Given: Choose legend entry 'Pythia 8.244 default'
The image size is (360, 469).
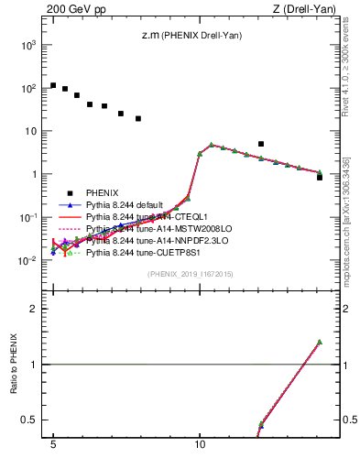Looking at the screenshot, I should (x=127, y=205).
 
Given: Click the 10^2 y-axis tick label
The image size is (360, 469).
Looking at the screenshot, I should (x=28, y=88).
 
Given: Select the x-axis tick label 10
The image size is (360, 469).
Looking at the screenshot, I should (x=200, y=449).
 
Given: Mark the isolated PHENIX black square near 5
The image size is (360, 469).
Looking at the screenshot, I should (x=261, y=144).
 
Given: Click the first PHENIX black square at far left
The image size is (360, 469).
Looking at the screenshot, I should (x=53, y=85).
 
